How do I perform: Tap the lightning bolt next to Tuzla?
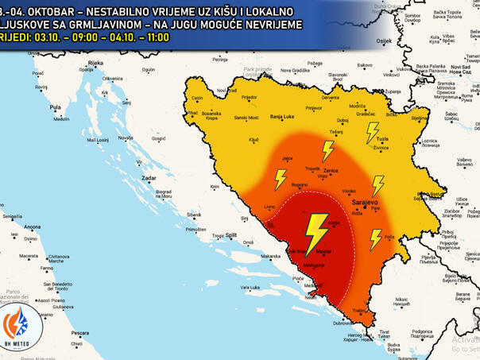pyautogui.click(x=372, y=132)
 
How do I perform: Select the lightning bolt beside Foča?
pyautogui.click(x=375, y=238)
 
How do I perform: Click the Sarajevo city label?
pyautogui.click(x=366, y=203)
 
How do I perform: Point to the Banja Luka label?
pyautogui.click(x=282, y=118)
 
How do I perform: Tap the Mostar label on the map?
pyautogui.click(x=323, y=252)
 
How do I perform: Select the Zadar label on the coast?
pyautogui.click(x=149, y=179)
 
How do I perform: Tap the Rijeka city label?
pyautogui.click(x=96, y=63)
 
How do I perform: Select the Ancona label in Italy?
pyautogui.click(x=33, y=227)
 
